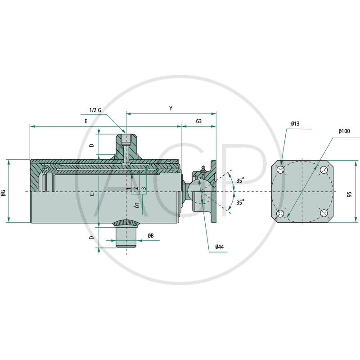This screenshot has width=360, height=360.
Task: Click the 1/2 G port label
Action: tap(95, 110)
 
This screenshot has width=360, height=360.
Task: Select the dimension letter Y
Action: tap(171, 108)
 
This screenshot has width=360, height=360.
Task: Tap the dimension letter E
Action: tap(86, 121)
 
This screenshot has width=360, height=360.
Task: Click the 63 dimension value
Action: tap(199, 121)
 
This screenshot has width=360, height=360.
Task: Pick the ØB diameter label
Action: tap(151, 235)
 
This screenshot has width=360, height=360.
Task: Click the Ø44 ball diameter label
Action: tap(220, 247)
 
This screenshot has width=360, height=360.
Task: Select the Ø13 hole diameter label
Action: tap(295, 124)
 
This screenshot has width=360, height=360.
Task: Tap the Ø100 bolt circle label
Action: tap(344, 131)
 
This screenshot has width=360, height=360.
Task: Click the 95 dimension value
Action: tap(349, 194)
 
